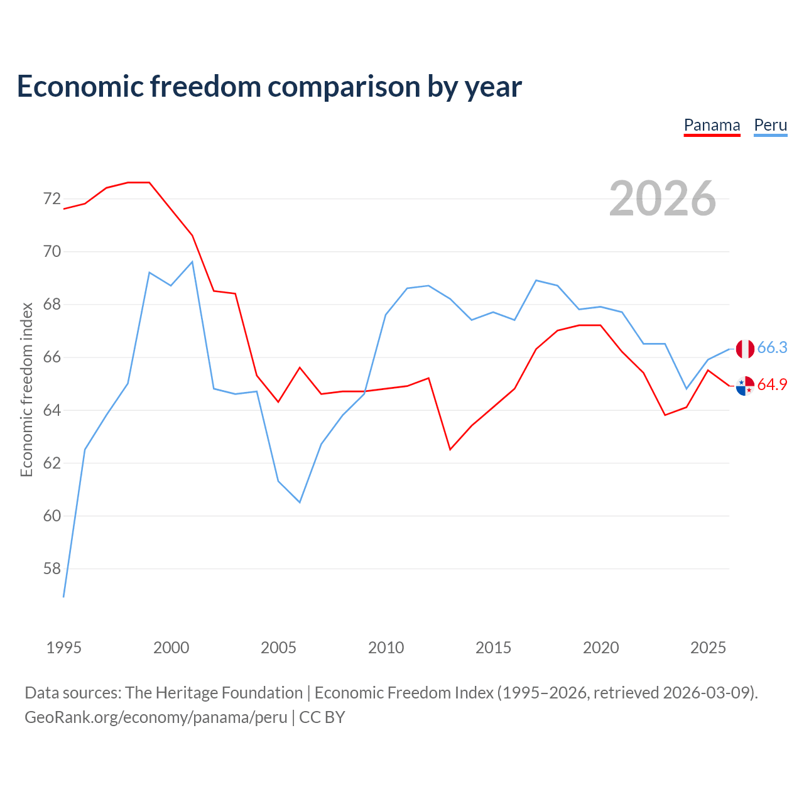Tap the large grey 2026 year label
coord(662,198)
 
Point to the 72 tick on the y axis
coord(52,199)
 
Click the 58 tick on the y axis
coord(52,568)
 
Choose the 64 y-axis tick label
coord(52,410)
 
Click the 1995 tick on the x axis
coord(64,648)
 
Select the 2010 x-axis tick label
coord(386,648)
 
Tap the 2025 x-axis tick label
coord(708,648)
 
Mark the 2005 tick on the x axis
coord(278,648)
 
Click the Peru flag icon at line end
coord(745,349)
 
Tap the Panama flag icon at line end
coord(745,386)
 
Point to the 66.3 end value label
coord(772,347)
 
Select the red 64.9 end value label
coord(772,384)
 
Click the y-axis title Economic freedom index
coord(27,389)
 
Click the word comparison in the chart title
coord(344,87)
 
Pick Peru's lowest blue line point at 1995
coord(63,597)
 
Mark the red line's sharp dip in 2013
coord(450,449)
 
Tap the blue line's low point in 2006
coord(300,503)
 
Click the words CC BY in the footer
coord(322,717)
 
